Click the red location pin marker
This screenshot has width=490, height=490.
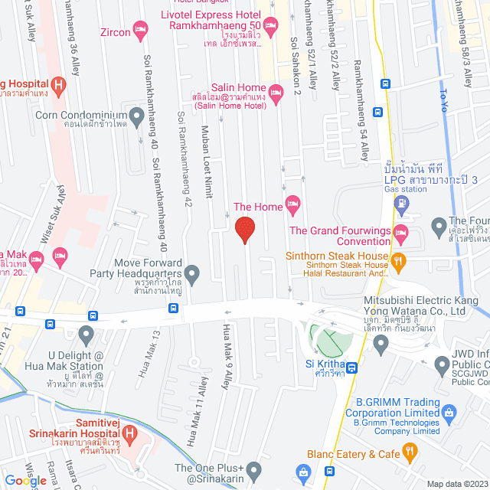coord(244,230)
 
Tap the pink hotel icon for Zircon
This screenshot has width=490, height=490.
coord(140,31)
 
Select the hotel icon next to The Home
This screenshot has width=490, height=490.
coord(292,205)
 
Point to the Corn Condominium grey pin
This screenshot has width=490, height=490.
coord(137,116)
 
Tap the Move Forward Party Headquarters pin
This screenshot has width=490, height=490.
coord(191,273)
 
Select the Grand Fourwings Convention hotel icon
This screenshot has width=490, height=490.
coord(400,231)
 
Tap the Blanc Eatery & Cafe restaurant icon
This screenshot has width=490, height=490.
coord(411,454)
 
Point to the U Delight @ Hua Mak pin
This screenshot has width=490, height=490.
coord(86,334)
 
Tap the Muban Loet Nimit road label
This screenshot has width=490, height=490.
coord(205,161)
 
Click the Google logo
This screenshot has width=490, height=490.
coord(25,480)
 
